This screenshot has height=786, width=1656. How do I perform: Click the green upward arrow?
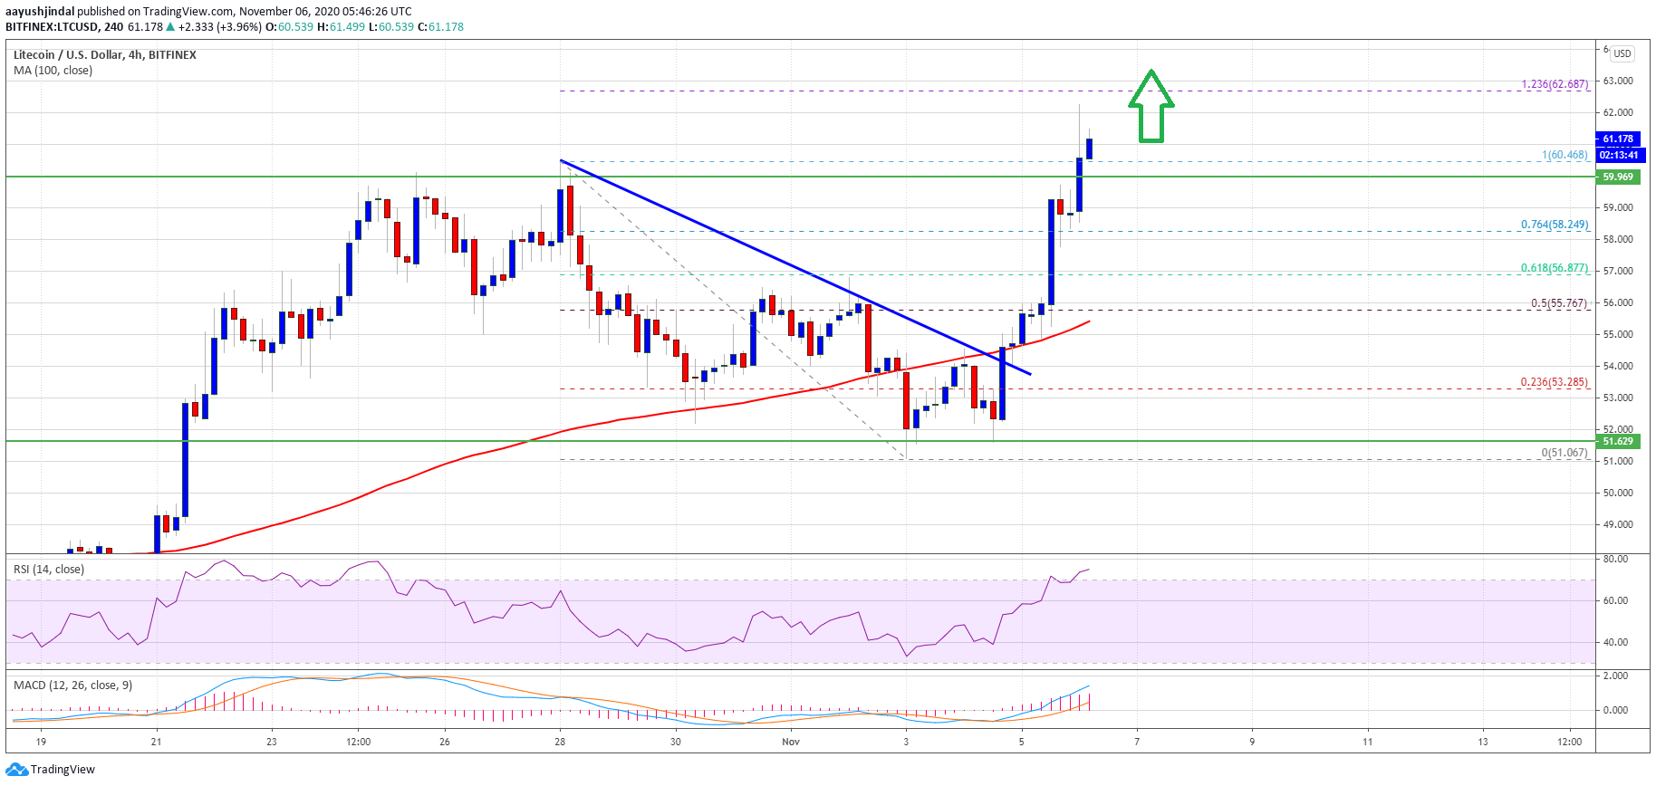[1151, 107]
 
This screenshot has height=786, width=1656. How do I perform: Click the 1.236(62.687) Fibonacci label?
[1555, 84]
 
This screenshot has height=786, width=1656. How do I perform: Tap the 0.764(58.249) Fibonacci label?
[1555, 225]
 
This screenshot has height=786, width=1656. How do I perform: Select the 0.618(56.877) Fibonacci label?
[1555, 268]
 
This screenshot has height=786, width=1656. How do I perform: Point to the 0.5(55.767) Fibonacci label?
[1559, 303]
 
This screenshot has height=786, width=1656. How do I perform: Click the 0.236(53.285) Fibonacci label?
[1555, 382]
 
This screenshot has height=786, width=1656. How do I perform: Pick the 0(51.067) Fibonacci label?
[1565, 453]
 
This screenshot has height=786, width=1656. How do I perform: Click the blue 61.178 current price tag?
[1618, 139]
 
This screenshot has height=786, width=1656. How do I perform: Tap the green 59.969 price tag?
[1618, 177]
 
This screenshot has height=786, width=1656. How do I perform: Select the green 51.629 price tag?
[1618, 441]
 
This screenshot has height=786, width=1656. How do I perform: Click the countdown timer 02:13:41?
[1618, 155]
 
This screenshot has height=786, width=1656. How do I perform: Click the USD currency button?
[1622, 53]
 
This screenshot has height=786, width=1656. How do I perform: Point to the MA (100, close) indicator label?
[53, 71]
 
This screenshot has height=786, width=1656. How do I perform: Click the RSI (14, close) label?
[49, 570]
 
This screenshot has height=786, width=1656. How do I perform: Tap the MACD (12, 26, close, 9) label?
[72, 685]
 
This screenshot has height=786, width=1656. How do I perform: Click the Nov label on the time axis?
[791, 742]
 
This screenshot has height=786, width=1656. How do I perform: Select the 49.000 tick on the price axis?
[1618, 524]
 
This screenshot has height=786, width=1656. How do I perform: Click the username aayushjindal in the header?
[40, 12]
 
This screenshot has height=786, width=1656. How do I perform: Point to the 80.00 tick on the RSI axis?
[1615, 560]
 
